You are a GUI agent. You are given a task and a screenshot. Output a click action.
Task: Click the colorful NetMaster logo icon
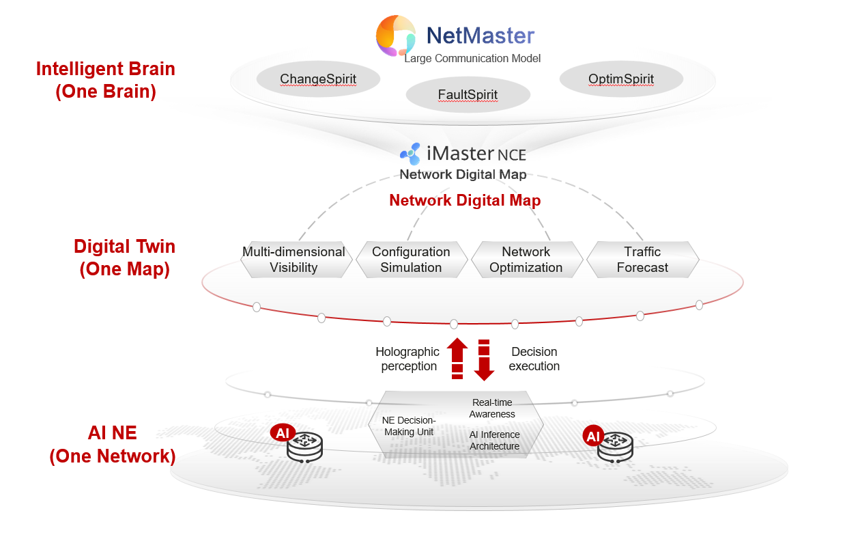tap(396, 36)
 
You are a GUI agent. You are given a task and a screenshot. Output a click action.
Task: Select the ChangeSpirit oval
tap(318, 79)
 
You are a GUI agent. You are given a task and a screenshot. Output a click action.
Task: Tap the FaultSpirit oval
tap(468, 94)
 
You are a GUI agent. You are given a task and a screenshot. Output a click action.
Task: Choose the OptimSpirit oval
tap(621, 79)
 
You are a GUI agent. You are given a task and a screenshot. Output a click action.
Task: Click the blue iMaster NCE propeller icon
tap(410, 154)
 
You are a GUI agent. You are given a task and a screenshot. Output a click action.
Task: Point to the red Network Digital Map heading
tap(465, 201)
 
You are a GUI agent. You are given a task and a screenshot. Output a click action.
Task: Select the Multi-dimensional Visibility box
tap(293, 260)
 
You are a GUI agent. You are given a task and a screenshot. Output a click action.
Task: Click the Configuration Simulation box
tap(411, 260)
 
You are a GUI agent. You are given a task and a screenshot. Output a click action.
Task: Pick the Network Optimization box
tap(526, 260)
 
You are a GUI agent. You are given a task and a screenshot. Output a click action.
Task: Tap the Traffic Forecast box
tap(642, 260)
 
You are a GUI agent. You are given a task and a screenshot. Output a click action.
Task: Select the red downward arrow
tap(484, 359)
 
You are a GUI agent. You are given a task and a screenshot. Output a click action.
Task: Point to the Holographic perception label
tap(408, 359)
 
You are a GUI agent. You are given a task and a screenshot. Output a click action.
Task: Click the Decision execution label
tap(535, 359)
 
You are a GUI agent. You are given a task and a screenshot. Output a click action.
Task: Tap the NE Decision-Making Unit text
tap(409, 426)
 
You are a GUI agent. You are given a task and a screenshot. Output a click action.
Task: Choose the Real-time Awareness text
tap(493, 409)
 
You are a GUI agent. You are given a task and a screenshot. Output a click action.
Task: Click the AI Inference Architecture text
tap(495, 441)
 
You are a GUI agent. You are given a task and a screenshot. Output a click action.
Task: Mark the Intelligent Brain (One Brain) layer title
tap(106, 80)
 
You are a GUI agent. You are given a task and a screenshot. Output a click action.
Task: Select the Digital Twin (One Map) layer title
tap(124, 258)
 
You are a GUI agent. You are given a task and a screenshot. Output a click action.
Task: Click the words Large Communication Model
tap(472, 59)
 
